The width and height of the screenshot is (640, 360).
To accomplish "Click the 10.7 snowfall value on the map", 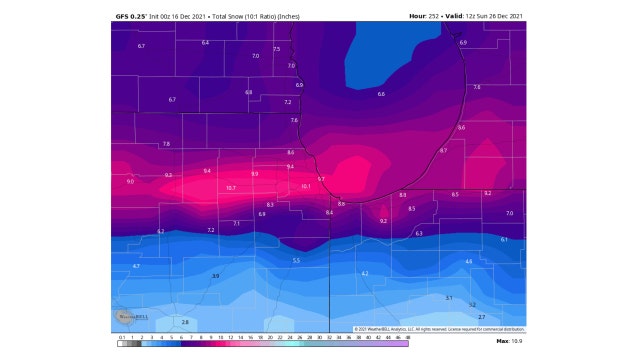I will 230,188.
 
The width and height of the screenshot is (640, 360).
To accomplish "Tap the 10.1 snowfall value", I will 305,186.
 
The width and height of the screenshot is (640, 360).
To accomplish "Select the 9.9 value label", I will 254,174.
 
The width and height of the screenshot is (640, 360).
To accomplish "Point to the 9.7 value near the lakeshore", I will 321,179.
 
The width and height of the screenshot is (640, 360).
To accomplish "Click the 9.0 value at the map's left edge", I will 130,182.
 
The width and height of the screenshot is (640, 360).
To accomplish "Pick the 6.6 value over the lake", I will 381,93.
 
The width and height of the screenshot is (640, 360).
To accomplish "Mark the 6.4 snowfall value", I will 205,43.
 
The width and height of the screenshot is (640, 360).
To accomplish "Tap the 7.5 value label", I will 277,49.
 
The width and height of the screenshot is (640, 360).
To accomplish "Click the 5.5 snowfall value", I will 296,260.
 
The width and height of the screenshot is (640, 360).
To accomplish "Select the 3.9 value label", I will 215,275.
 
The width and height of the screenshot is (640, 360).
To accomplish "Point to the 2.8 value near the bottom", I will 185,322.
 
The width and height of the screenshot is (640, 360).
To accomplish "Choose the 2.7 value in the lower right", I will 481,316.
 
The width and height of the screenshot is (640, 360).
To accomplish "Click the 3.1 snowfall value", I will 449,297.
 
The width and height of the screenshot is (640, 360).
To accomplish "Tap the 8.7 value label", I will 443,150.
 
